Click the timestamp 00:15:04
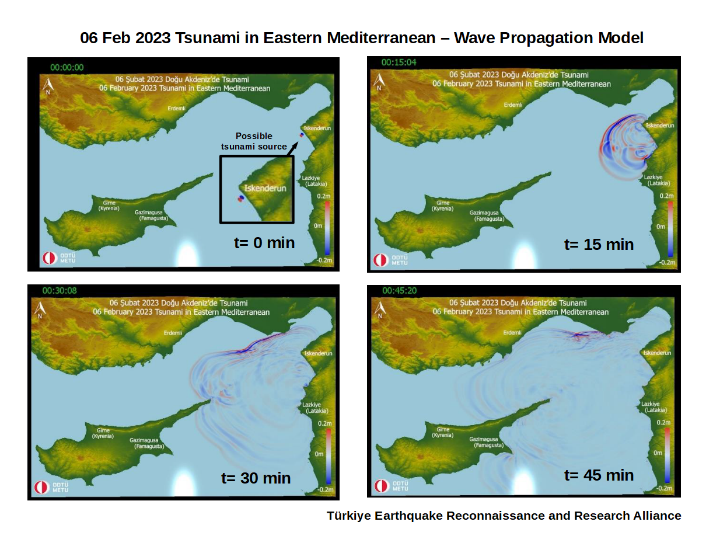(399, 62)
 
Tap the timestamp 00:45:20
(400, 290)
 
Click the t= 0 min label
(264, 242)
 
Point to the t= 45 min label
(599, 475)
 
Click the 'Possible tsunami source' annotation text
(254, 141)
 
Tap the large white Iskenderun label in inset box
(265, 189)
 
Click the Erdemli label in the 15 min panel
(513, 105)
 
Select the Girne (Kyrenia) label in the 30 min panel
(103, 433)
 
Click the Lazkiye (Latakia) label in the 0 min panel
(313, 180)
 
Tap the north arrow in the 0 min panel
(48, 86)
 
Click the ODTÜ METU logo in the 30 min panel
(51, 487)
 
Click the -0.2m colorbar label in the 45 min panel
(665, 487)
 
